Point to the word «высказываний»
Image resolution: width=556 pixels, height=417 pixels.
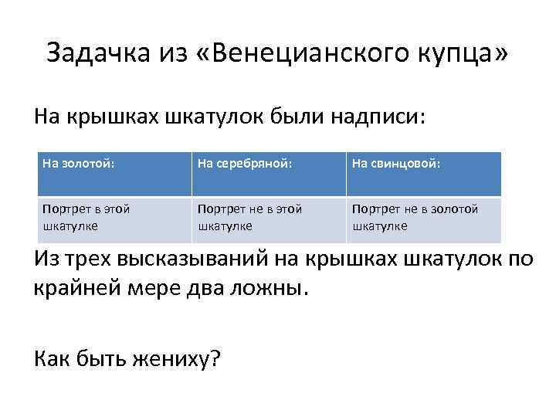[208, 258]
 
